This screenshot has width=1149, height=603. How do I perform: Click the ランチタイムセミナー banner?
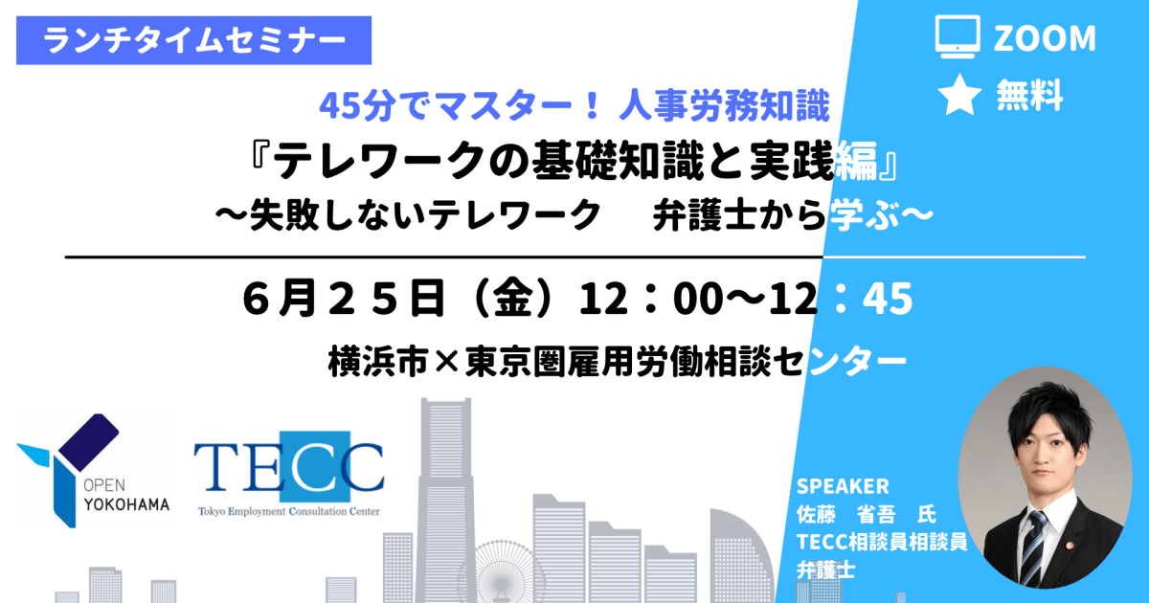(193, 40)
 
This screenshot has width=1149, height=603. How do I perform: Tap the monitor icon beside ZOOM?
(957, 37)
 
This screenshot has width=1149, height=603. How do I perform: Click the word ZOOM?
(1045, 38)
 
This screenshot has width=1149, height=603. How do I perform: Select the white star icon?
(959, 95)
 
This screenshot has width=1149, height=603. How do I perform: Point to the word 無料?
(1029, 96)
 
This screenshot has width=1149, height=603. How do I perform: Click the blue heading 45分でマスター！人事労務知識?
(574, 105)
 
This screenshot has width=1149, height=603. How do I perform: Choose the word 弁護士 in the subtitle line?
(705, 214)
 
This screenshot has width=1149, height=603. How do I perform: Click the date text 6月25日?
(343, 299)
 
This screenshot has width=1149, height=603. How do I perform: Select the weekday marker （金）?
(513, 299)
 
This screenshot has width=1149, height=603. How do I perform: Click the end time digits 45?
(888, 299)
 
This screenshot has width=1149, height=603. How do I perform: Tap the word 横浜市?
(378, 362)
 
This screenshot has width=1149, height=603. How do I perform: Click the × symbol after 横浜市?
(446, 363)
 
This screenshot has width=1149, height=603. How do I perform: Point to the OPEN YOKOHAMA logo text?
(126, 495)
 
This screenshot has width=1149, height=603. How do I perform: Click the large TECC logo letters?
(289, 467)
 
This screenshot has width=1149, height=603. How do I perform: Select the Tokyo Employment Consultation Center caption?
(289, 511)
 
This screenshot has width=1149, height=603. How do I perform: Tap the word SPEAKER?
(843, 486)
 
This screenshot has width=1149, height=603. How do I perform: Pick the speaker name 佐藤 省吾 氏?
(867, 514)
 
